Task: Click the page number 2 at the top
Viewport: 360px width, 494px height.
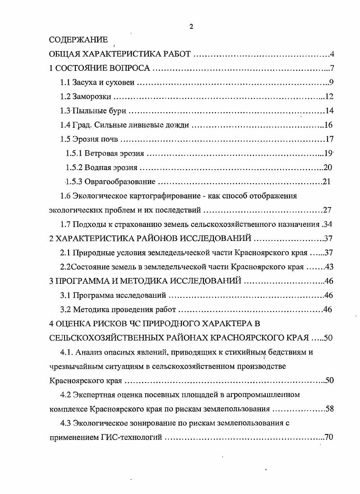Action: click(191, 27)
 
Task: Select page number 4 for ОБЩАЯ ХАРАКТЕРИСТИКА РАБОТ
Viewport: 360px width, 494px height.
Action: click(331, 55)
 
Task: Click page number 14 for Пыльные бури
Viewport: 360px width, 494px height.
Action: click(329, 111)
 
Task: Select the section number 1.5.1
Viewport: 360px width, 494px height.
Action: click(73, 153)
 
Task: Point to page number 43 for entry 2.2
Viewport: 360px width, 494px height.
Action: click(328, 267)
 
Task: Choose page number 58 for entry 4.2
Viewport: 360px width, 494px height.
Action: click(328, 409)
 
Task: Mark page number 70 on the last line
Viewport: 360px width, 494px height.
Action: click(328, 437)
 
